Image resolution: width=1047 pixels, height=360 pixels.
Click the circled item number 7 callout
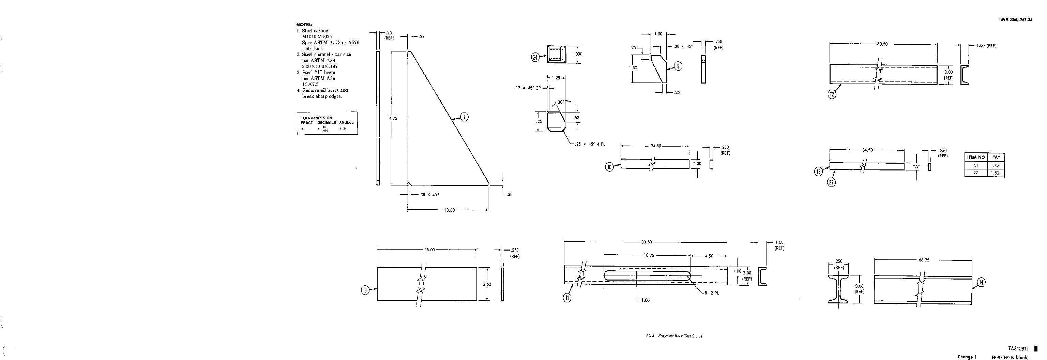pyautogui.click(x=464, y=117)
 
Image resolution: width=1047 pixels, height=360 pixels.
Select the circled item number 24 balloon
pyautogui.click(x=535, y=58)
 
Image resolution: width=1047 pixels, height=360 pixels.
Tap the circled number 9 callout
pyautogui.click(x=678, y=66)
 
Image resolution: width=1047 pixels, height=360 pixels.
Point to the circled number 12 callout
pyautogui.click(x=832, y=95)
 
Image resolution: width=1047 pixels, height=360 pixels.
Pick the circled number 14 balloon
pyautogui.click(x=981, y=282)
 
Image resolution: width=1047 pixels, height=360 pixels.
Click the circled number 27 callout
pyautogui.click(x=832, y=182)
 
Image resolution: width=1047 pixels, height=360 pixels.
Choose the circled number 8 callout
pyautogui.click(x=365, y=290)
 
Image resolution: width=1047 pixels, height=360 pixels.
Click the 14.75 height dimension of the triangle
pyautogui.click(x=392, y=119)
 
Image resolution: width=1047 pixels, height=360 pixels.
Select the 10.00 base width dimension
pyautogui.click(x=449, y=210)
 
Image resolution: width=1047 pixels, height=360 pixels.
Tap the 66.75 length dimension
pyautogui.click(x=924, y=260)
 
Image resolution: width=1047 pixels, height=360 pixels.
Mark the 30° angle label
pyautogui.click(x=561, y=102)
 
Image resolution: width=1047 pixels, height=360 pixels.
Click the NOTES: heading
pyautogui.click(x=304, y=25)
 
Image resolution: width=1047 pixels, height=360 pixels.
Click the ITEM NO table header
pyautogui.click(x=976, y=157)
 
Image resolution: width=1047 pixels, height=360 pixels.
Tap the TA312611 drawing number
pyautogui.click(x=1018, y=349)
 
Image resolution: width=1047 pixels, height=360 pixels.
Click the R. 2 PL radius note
pyautogui.click(x=712, y=293)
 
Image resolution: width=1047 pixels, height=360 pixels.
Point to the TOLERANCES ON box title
pyautogui.click(x=316, y=118)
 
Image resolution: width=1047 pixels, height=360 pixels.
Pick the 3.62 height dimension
pyautogui.click(x=486, y=284)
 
